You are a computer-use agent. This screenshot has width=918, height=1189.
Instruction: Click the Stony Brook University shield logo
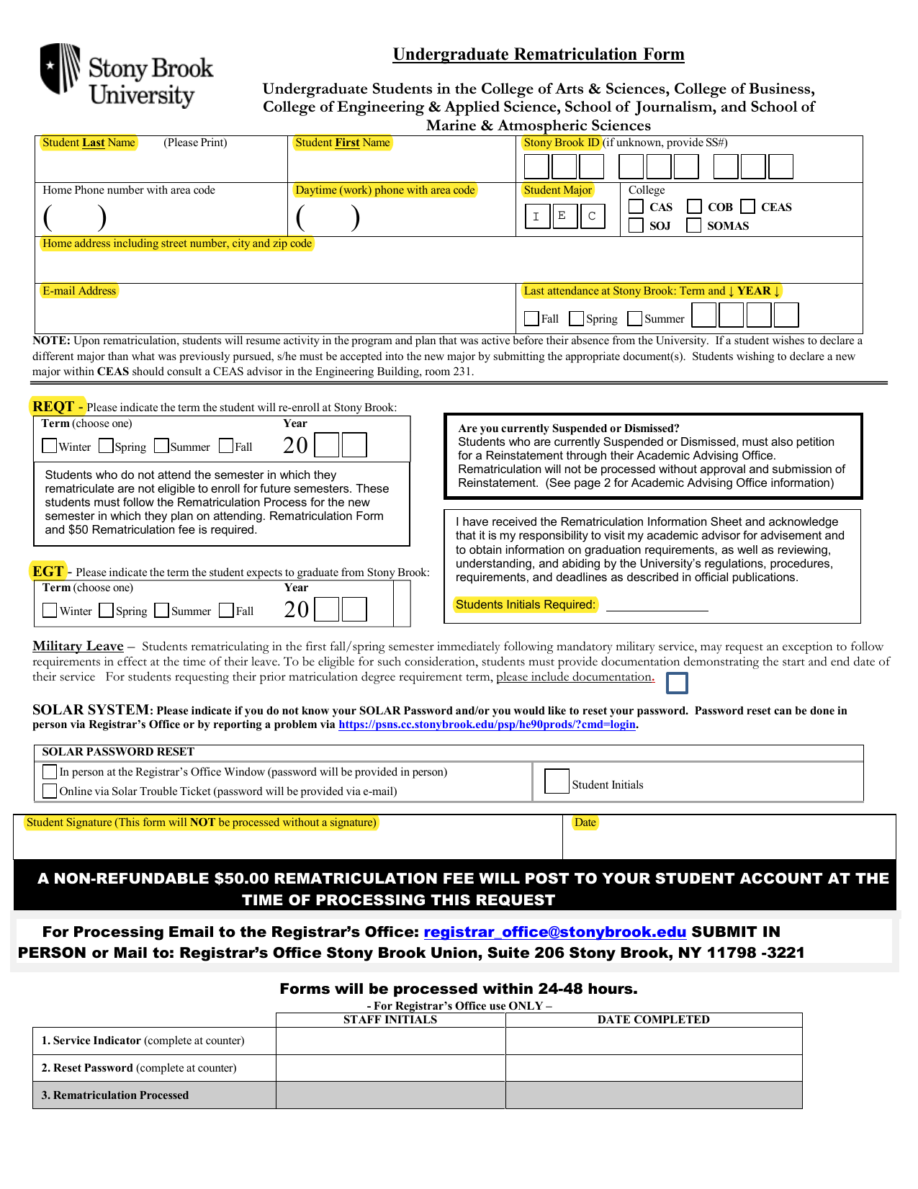click(x=60, y=68)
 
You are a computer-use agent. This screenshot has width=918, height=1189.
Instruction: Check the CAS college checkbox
click(x=636, y=207)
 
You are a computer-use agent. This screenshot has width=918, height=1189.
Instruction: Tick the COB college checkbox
click(x=694, y=207)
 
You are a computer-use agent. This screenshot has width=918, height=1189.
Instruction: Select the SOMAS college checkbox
click(x=694, y=225)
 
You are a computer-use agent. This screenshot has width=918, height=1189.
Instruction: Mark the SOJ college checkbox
click(x=636, y=225)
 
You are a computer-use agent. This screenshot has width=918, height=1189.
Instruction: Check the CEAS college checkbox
click(x=748, y=207)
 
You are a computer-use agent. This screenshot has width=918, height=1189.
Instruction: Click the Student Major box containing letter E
click(x=564, y=216)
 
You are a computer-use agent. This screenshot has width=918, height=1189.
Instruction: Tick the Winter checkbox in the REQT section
click(x=50, y=446)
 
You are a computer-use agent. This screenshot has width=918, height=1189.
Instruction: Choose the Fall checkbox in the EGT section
click(x=226, y=610)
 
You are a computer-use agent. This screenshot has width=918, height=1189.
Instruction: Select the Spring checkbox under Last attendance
click(x=576, y=318)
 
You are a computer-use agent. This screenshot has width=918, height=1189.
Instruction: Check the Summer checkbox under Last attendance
click(x=634, y=318)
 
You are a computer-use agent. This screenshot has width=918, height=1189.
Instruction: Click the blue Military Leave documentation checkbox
click(x=677, y=683)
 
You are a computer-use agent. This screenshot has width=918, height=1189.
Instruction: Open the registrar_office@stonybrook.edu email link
click(x=554, y=932)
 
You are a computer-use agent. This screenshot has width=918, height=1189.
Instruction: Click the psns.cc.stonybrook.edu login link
click(x=487, y=724)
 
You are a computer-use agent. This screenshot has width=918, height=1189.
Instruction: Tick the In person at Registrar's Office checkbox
click(x=50, y=771)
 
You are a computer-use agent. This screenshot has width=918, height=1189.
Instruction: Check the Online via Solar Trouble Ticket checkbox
click(x=50, y=791)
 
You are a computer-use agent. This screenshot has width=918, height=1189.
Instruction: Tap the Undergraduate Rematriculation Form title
click(x=539, y=55)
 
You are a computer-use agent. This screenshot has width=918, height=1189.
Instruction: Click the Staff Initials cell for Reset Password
click(x=390, y=1068)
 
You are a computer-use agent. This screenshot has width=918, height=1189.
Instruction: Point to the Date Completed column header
click(x=653, y=1020)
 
